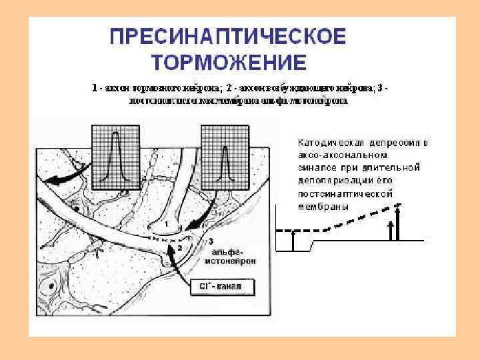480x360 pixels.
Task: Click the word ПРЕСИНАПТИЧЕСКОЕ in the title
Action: pos(227,36)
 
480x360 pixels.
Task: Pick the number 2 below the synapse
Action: pos(178,248)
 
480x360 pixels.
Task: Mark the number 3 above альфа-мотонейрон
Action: pos(211,240)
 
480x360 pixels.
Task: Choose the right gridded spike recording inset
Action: pos(224,155)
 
